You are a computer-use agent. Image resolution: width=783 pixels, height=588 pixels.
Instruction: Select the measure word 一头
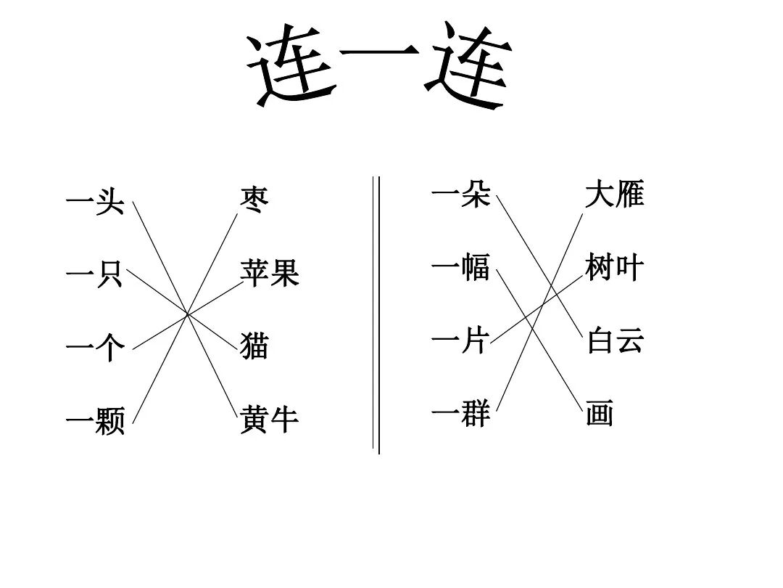[94, 203]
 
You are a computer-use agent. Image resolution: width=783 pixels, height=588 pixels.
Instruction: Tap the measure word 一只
[94, 277]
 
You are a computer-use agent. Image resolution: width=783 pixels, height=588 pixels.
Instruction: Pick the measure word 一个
[94, 348]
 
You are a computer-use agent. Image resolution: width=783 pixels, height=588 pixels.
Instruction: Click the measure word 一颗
[94, 421]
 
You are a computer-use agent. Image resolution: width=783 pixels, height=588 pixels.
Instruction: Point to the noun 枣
[254, 198]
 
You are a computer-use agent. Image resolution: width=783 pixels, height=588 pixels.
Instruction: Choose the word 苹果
[269, 274]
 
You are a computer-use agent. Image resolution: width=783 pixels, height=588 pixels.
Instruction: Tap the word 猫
[254, 346]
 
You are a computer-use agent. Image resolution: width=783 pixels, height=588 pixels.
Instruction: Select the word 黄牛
[269, 420]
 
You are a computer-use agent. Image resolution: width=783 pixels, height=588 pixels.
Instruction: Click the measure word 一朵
[461, 195]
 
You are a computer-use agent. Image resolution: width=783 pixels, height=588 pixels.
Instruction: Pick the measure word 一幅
[461, 268]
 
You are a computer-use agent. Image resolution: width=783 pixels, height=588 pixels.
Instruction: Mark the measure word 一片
[461, 339]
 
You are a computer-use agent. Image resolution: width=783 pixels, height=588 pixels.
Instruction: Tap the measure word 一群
[461, 414]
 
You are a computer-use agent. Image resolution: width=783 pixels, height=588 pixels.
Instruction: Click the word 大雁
[615, 195]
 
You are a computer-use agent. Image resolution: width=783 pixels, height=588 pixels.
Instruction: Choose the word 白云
[615, 340]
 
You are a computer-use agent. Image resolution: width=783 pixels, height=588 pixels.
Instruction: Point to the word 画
[600, 415]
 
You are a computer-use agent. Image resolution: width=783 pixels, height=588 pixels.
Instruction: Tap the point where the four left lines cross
[188, 314]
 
